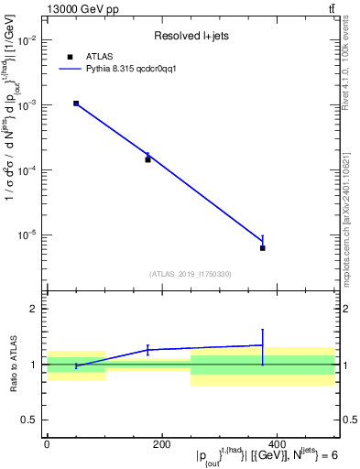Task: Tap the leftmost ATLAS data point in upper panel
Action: (x=76, y=104)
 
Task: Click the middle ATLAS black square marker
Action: (x=147, y=159)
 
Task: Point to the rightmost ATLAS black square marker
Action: (x=263, y=248)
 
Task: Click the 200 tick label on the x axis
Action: (x=161, y=445)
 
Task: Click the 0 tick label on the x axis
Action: (x=47, y=445)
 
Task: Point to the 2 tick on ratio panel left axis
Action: (x=33, y=310)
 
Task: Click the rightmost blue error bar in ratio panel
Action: (x=263, y=346)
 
